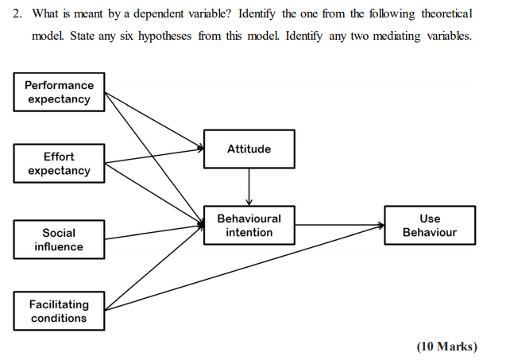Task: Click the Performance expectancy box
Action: (x=59, y=91)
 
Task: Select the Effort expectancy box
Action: (x=59, y=164)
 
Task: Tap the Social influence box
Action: (x=59, y=239)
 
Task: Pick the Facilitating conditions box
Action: (x=59, y=311)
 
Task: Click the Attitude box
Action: (x=249, y=149)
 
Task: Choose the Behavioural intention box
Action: (x=249, y=225)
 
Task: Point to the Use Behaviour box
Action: (x=430, y=225)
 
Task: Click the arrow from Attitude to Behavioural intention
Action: (x=249, y=186)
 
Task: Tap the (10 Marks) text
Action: (x=447, y=346)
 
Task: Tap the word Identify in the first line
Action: (x=257, y=15)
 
